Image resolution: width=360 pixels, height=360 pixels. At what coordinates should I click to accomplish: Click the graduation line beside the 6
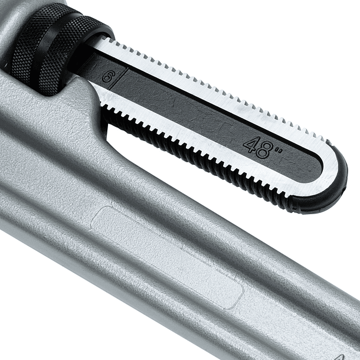[119, 80]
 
